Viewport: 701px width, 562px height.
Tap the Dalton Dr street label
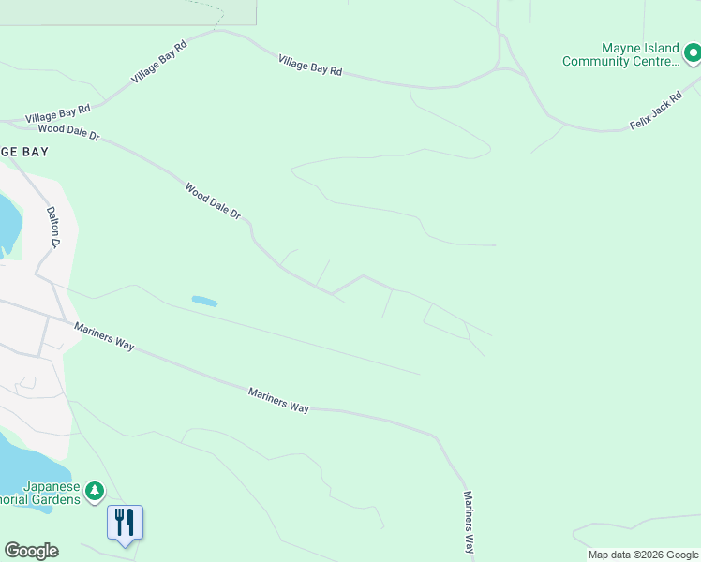pyautogui.click(x=53, y=228)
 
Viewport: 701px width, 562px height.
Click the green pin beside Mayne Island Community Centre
pyautogui.click(x=691, y=53)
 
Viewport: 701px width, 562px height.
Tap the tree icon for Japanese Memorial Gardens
pyautogui.click(x=94, y=491)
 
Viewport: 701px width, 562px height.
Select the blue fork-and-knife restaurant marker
pyautogui.click(x=125, y=522)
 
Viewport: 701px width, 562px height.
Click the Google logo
pyautogui.click(x=31, y=551)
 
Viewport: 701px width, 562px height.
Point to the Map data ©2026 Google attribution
pyautogui.click(x=643, y=555)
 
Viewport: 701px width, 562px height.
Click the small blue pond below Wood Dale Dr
pyautogui.click(x=204, y=302)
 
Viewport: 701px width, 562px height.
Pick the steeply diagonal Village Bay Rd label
pyautogui.click(x=160, y=62)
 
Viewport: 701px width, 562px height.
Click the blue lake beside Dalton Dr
pyautogui.click(x=8, y=225)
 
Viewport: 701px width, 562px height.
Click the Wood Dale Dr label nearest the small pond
pyautogui.click(x=213, y=201)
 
